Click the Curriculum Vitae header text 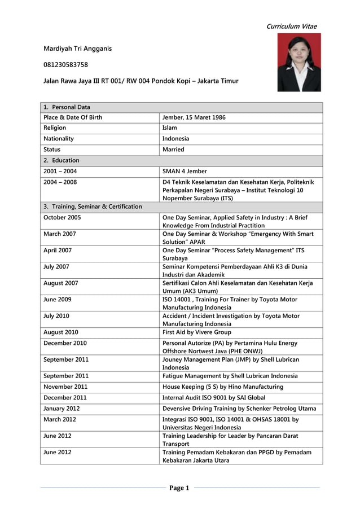click(292, 27)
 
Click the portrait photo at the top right click(299, 62)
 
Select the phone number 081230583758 click(65, 65)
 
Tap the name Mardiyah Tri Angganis click(77, 49)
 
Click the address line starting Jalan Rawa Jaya click(141, 81)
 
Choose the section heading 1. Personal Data click(67, 107)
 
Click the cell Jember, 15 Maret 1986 click(194, 117)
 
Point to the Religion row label click(55, 128)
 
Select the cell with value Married click(173, 150)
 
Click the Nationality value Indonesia click(175, 139)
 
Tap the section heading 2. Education click(62, 160)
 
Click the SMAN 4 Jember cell click(185, 171)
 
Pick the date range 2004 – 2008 click(60, 182)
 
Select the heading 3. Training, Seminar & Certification click(93, 207)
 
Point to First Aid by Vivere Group click(196, 332)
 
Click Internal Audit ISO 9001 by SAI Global click(214, 398)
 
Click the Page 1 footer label click(179, 488)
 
